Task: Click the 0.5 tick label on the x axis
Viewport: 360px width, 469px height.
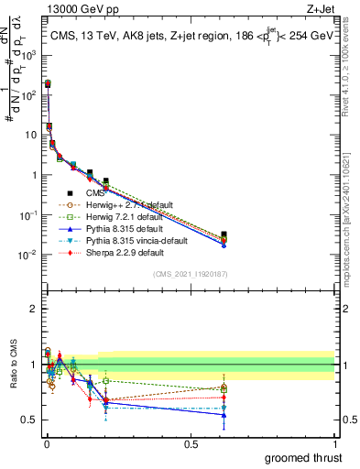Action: (x=190, y=444)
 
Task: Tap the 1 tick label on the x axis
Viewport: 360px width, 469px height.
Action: (x=333, y=444)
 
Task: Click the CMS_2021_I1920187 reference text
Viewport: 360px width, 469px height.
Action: (x=190, y=275)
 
